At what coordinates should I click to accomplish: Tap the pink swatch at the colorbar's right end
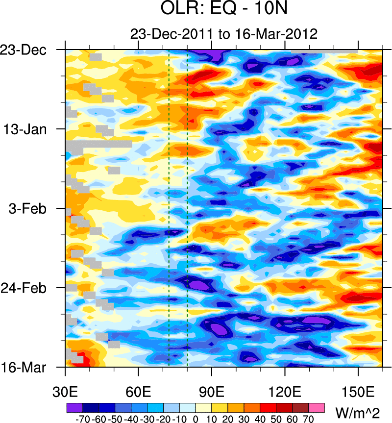click(317, 407)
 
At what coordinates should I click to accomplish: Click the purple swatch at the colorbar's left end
click(74, 407)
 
